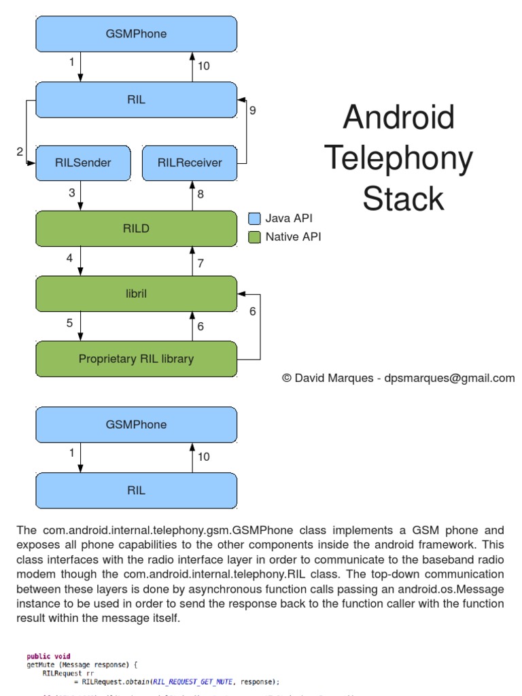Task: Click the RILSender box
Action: coord(82,162)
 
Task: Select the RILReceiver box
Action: coord(190,162)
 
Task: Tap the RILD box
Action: coord(136,229)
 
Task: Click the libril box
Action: coord(136,294)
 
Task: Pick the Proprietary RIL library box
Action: coord(136,359)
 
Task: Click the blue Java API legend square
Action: coord(254,219)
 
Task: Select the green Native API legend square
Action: coord(254,237)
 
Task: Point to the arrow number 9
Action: coord(252,109)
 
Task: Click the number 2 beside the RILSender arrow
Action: coord(20,152)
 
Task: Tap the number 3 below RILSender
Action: coord(71,193)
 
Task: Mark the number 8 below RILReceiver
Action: coord(201,194)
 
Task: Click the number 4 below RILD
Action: coord(69,258)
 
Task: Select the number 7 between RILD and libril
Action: coord(201,263)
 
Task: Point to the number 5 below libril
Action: coord(69,323)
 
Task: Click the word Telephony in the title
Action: coord(398,158)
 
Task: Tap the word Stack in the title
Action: coord(403,199)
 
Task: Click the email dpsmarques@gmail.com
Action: coord(459,378)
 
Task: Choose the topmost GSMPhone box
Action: coord(136,33)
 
